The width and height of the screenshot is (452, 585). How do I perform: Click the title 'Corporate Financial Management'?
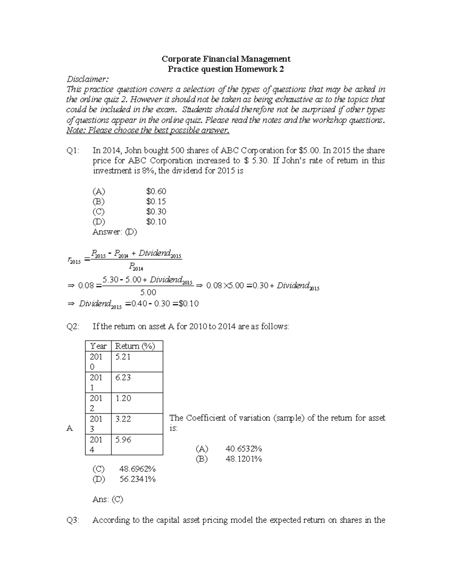pyautogui.click(x=226, y=59)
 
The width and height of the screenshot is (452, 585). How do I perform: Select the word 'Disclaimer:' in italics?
pyautogui.click(x=87, y=79)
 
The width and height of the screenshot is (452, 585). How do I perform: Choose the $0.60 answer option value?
pyautogui.click(x=156, y=191)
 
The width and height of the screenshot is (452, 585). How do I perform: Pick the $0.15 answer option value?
pyautogui.click(x=156, y=202)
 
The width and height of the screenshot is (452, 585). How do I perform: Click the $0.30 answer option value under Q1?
pyautogui.click(x=156, y=212)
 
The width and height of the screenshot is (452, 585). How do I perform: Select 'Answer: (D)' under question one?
pyautogui.click(x=115, y=232)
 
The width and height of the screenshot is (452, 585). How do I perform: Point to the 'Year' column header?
pyautogui.click(x=98, y=346)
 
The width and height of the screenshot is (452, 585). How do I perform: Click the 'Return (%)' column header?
pyautogui.click(x=135, y=346)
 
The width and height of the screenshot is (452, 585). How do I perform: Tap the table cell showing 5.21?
pyautogui.click(x=123, y=357)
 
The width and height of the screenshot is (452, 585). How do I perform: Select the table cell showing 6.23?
pyautogui.click(x=123, y=377)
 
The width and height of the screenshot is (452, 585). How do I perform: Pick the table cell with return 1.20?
pyautogui.click(x=123, y=398)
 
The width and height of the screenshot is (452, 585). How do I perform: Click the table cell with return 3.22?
pyautogui.click(x=123, y=419)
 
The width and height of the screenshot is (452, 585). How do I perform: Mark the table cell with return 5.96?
pyautogui.click(x=123, y=440)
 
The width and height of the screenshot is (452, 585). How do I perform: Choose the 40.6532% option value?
pyautogui.click(x=244, y=449)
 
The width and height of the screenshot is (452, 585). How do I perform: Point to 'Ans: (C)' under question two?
pyautogui.click(x=108, y=499)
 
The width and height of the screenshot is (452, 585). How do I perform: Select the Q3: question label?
pyautogui.click(x=73, y=520)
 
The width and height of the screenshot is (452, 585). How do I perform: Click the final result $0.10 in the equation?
pyautogui.click(x=188, y=304)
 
